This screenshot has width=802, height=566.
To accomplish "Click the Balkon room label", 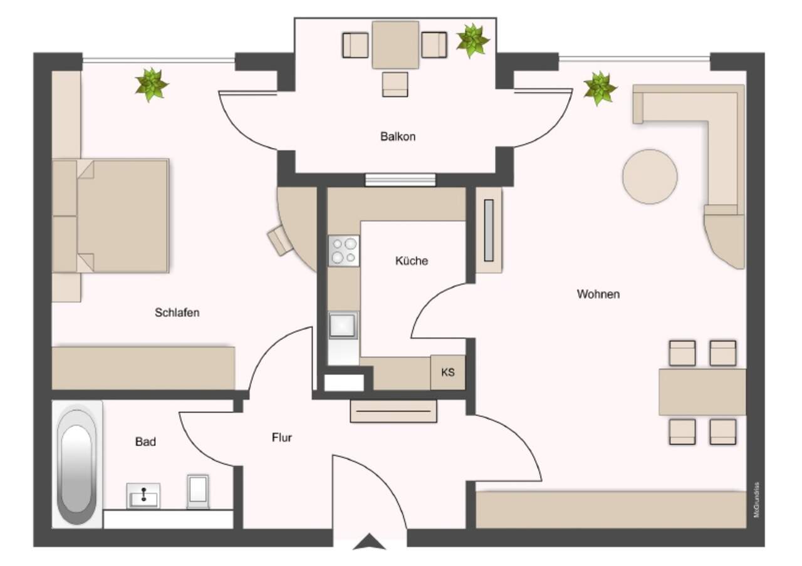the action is click(398, 136).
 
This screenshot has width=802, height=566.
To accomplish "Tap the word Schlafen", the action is click(177, 312).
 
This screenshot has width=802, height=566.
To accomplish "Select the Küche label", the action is click(412, 260).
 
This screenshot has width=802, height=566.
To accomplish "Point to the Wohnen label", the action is click(598, 294).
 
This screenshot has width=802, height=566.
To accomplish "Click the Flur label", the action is click(282, 437).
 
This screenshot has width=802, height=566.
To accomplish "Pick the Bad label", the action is click(145, 441).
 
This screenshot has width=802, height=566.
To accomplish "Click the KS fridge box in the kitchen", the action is click(448, 372).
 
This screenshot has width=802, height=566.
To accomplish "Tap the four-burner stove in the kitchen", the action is click(344, 251).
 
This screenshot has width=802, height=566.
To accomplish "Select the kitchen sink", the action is click(343, 325).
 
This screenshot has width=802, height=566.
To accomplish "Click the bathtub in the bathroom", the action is click(76, 465).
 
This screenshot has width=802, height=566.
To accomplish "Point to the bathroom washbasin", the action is click(143, 495).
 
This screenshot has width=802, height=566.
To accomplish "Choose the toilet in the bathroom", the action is click(198, 491).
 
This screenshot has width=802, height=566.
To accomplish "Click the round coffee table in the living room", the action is click(650, 177).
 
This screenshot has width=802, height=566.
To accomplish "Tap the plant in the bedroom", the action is click(152, 85).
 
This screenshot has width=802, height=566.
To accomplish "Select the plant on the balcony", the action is click(473, 41).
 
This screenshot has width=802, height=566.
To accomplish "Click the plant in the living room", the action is click(600, 88).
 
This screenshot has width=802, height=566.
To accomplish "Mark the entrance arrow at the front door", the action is click(370, 542).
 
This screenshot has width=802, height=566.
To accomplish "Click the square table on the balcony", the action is click(395, 44).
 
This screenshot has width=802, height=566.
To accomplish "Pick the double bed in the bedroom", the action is click(111, 216).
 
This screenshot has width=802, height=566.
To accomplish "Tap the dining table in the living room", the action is click(702, 392).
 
